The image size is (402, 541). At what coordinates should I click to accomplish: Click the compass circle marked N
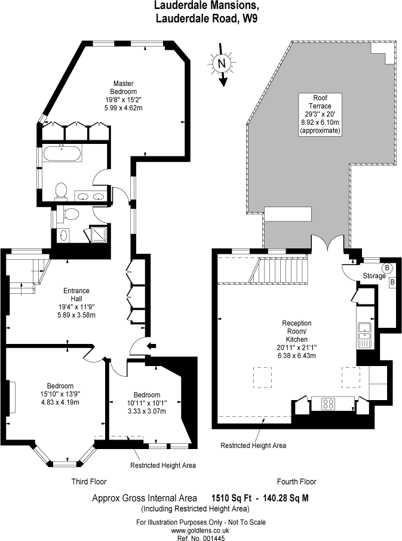(222, 63)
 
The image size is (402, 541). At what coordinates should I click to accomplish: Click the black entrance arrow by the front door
(151, 346)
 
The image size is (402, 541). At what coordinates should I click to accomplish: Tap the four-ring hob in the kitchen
(328, 403)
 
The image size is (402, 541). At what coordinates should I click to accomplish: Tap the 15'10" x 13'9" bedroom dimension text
(60, 394)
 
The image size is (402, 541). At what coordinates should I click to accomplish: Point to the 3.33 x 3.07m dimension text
(147, 411)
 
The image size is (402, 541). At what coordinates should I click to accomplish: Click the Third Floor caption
(88, 481)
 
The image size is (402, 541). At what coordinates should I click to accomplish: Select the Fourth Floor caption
(296, 481)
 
